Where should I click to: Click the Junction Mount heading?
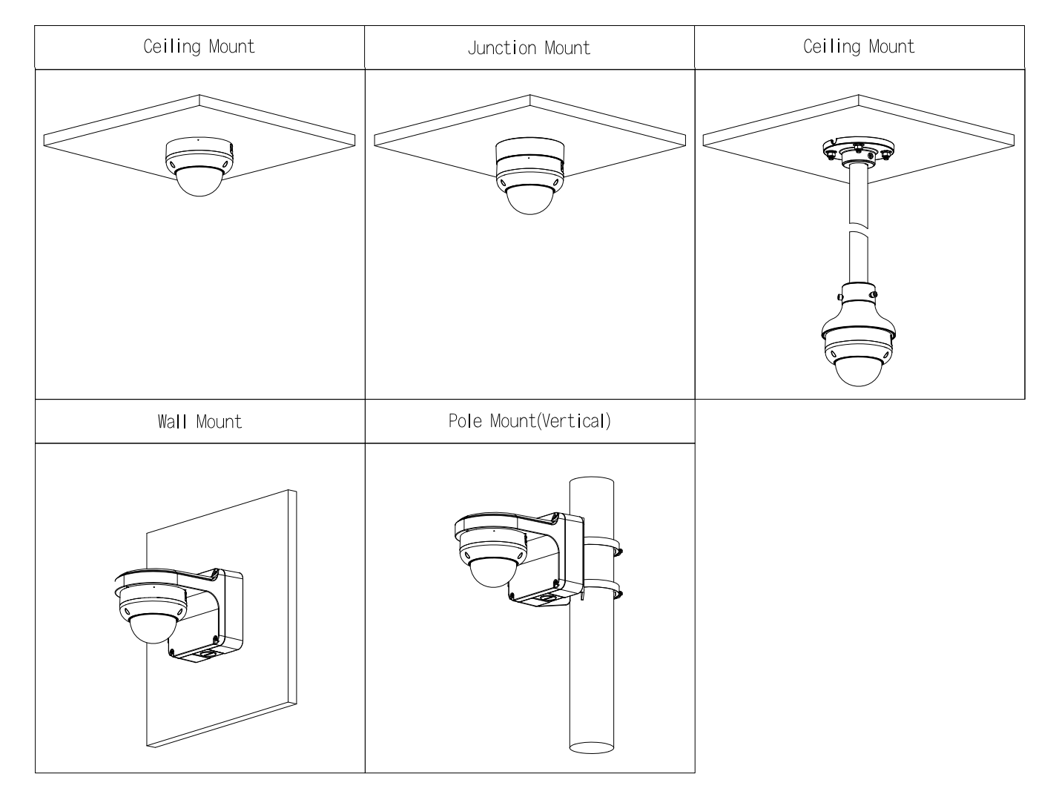(x=529, y=48)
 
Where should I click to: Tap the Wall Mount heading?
(x=199, y=422)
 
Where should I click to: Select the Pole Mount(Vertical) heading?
(x=529, y=421)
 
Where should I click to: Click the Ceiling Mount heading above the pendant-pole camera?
(x=859, y=47)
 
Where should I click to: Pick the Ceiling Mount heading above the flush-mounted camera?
(x=199, y=47)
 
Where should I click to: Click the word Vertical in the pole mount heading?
(x=572, y=421)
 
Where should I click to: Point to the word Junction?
(x=502, y=48)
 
